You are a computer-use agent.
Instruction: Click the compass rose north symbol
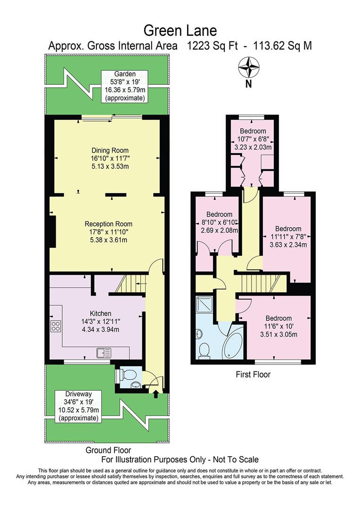[249, 67]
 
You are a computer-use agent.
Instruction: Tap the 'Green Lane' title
[180, 31]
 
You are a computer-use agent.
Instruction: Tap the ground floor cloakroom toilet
[122, 375]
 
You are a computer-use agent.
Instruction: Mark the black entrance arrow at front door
[155, 394]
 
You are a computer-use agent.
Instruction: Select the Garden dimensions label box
[125, 86]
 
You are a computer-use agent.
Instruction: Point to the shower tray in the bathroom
[206, 306]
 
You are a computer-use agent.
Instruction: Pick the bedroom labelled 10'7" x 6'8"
[253, 139]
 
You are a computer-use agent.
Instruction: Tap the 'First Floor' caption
[253, 375]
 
